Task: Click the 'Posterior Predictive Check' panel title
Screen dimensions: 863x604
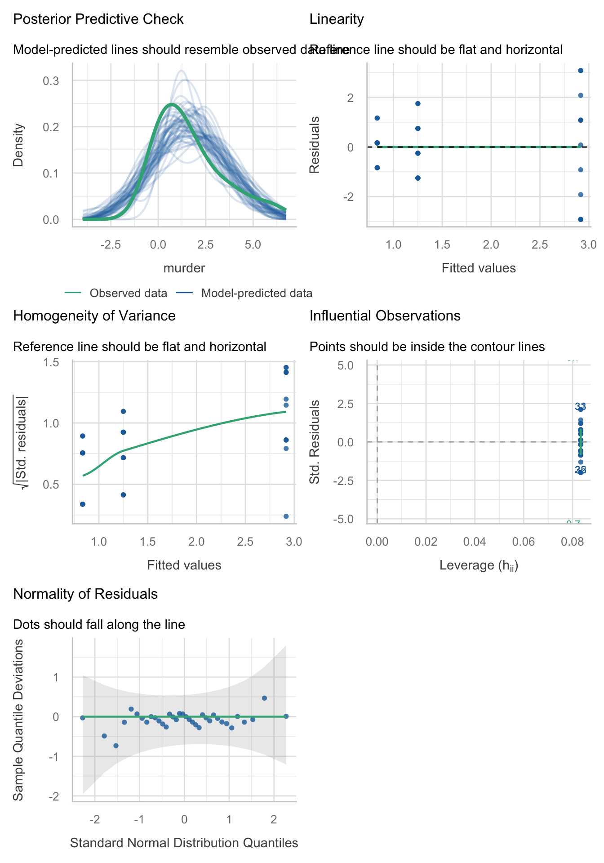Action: (98, 19)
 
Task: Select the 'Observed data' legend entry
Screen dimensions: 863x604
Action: (128, 293)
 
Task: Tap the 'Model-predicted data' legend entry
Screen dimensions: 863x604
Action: (256, 293)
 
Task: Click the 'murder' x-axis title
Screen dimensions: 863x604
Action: (184, 268)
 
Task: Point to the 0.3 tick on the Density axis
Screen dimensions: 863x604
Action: (51, 81)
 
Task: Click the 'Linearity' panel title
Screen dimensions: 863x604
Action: (337, 19)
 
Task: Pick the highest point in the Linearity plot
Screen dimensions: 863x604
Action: (581, 71)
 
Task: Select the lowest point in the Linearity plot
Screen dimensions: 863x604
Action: (581, 219)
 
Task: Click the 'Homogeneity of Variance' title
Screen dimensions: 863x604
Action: (94, 316)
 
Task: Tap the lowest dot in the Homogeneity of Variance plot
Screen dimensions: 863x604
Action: (286, 516)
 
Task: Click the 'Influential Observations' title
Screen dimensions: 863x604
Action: (385, 316)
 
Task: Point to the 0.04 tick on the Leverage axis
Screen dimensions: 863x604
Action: (475, 542)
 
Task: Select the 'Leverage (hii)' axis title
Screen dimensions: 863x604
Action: (479, 565)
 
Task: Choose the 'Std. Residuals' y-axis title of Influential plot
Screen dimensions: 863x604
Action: (315, 442)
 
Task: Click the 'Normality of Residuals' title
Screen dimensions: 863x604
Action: (85, 594)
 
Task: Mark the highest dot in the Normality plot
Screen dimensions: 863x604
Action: (264, 698)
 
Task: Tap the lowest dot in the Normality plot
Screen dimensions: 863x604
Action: (116, 746)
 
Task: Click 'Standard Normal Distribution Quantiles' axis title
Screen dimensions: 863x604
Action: (184, 843)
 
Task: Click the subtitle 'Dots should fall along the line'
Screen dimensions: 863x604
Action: (99, 624)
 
